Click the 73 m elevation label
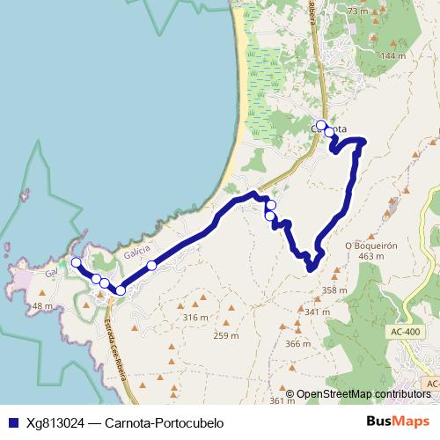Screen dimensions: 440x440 coord(356,11)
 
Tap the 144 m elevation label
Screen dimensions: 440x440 coord(392,55)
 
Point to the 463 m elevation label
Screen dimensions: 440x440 coord(372,256)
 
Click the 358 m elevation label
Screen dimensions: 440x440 coord(334,290)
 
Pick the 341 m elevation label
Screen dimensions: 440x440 coord(315,312)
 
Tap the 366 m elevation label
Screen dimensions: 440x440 coord(298,343)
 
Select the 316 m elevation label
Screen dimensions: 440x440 coord(194,317)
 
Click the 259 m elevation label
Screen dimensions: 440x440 coord(226,335)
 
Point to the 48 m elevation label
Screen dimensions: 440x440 coord(42,305)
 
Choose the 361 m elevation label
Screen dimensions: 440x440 coord(282,400)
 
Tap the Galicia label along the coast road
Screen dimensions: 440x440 coord(136,251)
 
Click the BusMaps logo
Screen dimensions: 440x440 coord(397,422)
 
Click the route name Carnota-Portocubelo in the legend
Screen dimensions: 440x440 coord(164,422)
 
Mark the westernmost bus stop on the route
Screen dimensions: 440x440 coord(77,262)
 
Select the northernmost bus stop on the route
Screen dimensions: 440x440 coord(321,125)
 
